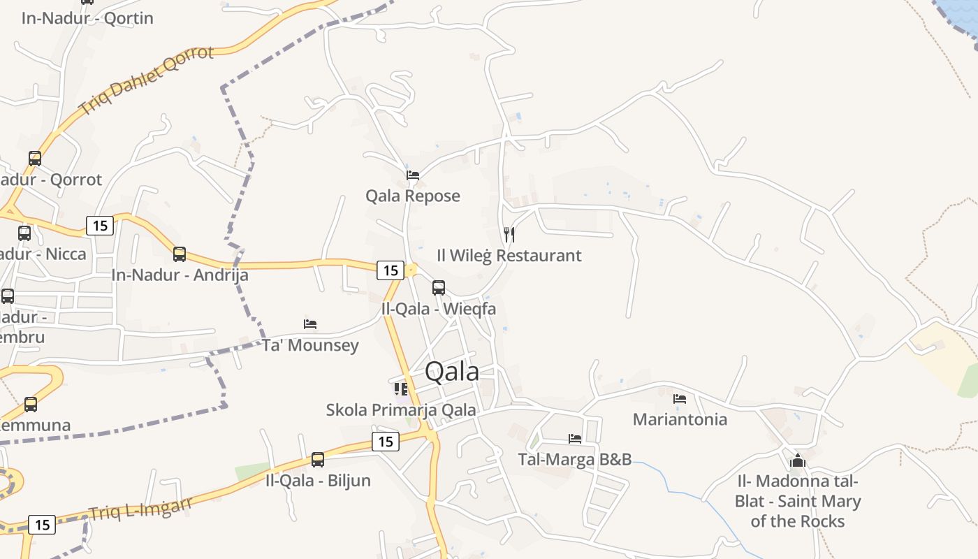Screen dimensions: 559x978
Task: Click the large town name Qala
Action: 452,372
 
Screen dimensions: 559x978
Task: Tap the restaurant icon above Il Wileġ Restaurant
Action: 509,235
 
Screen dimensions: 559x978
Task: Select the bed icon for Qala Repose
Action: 413,175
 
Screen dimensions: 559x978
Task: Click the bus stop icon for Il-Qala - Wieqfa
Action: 439,287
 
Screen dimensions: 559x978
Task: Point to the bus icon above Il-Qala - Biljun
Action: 318,459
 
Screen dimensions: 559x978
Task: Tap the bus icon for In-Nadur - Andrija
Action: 180,254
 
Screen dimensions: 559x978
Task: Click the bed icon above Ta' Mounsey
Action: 310,324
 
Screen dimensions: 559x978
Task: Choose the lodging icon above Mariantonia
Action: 680,399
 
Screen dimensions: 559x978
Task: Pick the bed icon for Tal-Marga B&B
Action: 575,439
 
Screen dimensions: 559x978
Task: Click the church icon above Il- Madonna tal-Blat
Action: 797,460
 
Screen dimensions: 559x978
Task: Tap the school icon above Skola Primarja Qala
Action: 401,389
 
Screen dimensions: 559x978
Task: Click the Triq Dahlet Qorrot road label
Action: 146,80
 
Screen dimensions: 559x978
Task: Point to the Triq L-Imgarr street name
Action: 140,509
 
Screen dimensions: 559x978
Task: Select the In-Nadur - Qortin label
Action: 87,18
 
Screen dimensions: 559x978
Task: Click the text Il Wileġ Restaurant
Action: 509,256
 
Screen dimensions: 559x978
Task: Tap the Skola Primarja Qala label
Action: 401,410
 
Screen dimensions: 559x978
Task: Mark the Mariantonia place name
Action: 680,419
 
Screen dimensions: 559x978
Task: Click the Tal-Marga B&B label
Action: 575,459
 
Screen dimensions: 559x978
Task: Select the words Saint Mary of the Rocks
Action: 797,511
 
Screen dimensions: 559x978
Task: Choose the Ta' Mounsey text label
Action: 310,345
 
